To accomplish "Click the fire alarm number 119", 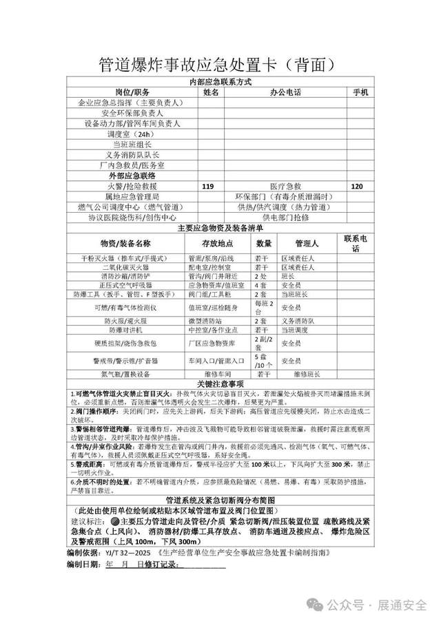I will pos(207,187).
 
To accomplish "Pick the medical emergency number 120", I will pos(357,187).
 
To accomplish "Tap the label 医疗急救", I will pos(285,187).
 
